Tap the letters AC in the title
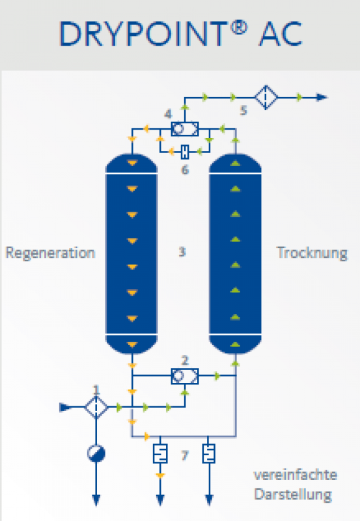pos(281,34)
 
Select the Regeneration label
pos(51,253)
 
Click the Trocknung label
pos(312,253)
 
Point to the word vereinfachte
pos(296,475)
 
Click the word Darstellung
pos(293,495)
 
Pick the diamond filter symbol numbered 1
pos(96,407)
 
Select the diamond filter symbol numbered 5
pos(266,97)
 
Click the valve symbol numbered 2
pos(185,376)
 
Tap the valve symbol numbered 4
pos(185,129)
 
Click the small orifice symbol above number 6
pos(185,152)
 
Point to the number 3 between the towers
pos(182,251)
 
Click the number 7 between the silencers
pos(185,455)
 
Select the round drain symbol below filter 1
pos(96,453)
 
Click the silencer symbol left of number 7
pos(160,453)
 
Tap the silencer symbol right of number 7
pos(208,453)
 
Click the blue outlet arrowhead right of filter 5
pos(322,97)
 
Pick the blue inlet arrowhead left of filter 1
pos(65,407)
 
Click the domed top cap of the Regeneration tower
pos(132,163)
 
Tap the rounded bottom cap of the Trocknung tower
pos(235,345)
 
